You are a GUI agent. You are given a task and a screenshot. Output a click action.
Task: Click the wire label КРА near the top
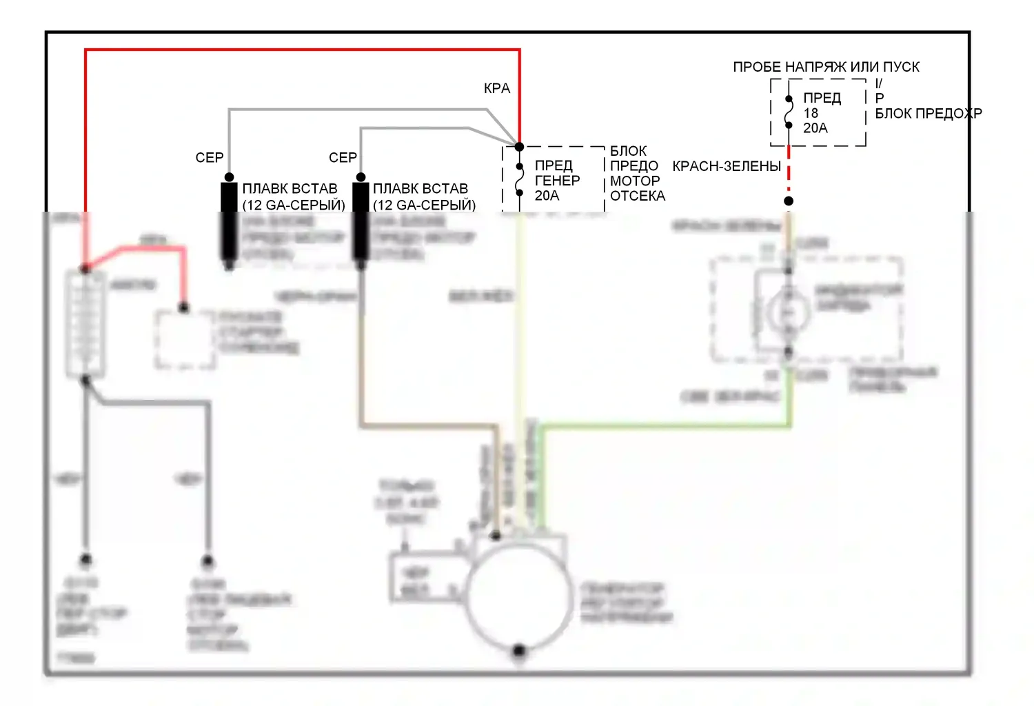(497, 89)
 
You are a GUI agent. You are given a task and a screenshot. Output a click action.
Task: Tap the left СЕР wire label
(210, 158)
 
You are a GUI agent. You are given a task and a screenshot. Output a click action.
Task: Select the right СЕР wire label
(343, 158)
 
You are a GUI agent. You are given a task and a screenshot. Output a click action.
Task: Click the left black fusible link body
(229, 221)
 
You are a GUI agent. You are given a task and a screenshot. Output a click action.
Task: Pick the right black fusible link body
(361, 221)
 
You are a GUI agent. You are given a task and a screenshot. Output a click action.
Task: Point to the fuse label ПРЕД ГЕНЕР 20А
(557, 181)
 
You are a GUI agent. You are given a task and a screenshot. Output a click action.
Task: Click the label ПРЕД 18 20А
(821, 113)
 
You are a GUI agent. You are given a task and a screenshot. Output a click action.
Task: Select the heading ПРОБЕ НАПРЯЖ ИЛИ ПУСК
(826, 67)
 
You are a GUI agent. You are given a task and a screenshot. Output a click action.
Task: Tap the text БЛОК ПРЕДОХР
(928, 114)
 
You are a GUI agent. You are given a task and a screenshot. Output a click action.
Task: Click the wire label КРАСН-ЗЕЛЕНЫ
(726, 167)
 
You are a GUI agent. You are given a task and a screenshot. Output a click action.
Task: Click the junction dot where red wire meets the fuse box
(520, 147)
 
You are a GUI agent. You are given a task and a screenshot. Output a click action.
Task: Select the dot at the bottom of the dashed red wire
(789, 201)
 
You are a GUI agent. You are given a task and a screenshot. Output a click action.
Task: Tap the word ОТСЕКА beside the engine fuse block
(638, 196)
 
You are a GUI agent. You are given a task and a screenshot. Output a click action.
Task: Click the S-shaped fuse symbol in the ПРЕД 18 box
(789, 112)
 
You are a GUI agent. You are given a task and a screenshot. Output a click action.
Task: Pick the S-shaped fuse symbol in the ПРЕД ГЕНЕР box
(520, 180)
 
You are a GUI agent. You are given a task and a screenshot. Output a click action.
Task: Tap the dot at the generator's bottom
(519, 650)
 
